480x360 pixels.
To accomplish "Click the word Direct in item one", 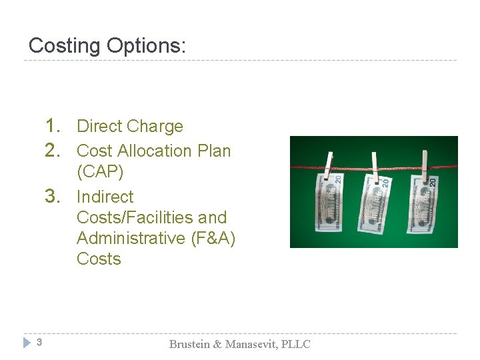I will (x=99, y=126).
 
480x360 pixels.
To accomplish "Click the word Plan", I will (x=214, y=151).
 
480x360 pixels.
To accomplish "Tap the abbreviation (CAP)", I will (x=100, y=171).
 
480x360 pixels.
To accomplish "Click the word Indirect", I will (x=105, y=197).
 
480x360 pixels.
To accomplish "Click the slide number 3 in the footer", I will (x=39, y=343).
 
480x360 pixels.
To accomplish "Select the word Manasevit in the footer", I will (x=251, y=344).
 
